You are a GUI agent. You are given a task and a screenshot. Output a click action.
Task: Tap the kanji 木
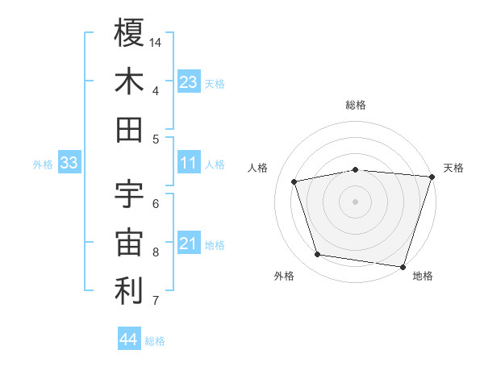tap(129, 81)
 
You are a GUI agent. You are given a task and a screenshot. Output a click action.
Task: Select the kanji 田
tap(129, 129)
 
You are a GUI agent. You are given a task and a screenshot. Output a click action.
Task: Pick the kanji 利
tap(129, 291)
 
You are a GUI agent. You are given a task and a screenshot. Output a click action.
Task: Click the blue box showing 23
tap(189, 81)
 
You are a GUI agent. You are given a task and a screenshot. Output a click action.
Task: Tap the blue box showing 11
tap(189, 163)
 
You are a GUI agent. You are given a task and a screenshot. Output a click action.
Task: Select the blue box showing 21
tap(189, 244)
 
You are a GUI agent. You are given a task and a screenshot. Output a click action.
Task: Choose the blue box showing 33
tap(69, 163)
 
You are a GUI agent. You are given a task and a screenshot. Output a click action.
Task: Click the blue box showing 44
tap(128, 339)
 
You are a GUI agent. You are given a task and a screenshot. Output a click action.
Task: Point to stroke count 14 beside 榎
tap(156, 41)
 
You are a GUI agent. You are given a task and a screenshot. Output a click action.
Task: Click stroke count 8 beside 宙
tap(156, 252)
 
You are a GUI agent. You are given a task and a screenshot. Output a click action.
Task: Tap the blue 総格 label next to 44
tap(155, 341)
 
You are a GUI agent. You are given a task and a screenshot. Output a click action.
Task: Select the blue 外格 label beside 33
tap(43, 165)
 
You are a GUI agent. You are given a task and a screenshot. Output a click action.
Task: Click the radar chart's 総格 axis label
tap(356, 105)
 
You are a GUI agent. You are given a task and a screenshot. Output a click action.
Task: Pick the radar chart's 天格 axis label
tap(453, 168)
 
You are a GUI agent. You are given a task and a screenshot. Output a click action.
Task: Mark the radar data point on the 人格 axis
tap(295, 181)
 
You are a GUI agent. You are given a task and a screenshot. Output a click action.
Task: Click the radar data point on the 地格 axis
tap(403, 266)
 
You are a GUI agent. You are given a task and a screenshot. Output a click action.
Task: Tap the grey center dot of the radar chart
tap(355, 201)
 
